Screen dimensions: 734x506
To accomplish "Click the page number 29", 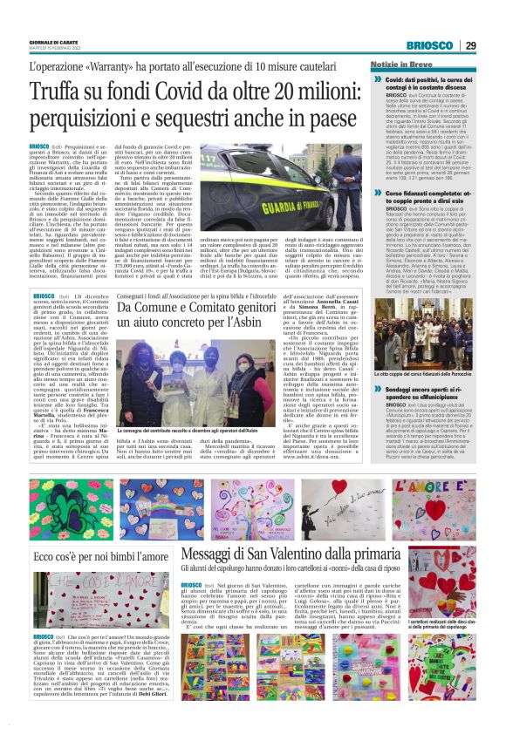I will click(469, 46).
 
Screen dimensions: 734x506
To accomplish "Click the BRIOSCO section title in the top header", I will click(428, 46).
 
